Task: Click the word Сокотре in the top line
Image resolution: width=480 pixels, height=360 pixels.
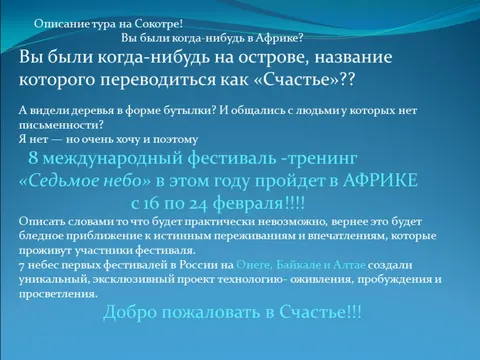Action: (x=159, y=24)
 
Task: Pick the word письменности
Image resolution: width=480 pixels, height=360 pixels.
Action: (x=61, y=125)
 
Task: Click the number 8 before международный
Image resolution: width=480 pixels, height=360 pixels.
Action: (x=33, y=157)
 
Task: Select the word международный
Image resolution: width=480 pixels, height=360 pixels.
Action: (x=113, y=158)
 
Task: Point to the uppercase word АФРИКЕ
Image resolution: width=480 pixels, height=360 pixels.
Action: (x=380, y=180)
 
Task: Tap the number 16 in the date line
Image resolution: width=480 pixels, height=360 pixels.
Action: (x=151, y=203)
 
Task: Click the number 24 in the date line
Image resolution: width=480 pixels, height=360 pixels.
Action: (x=198, y=204)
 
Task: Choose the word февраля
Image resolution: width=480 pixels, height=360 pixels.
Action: (x=248, y=203)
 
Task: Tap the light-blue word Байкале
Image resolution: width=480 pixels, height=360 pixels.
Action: (x=298, y=265)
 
